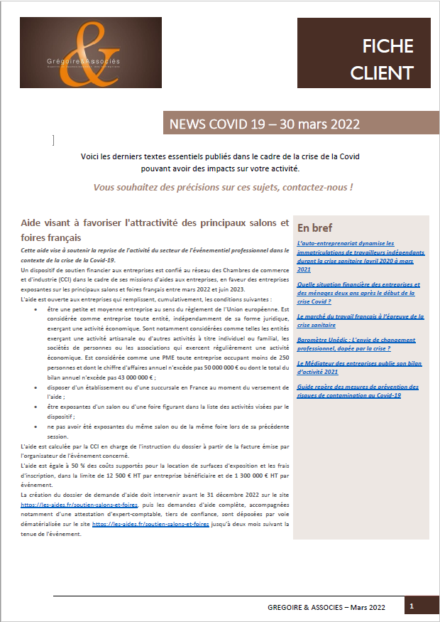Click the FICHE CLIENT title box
(x=364, y=60)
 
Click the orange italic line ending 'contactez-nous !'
(x=223, y=187)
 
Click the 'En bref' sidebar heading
(x=316, y=228)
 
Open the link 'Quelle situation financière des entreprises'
(x=358, y=288)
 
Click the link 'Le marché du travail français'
(x=361, y=320)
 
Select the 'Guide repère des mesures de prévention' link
(x=358, y=390)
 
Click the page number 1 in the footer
(x=412, y=606)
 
